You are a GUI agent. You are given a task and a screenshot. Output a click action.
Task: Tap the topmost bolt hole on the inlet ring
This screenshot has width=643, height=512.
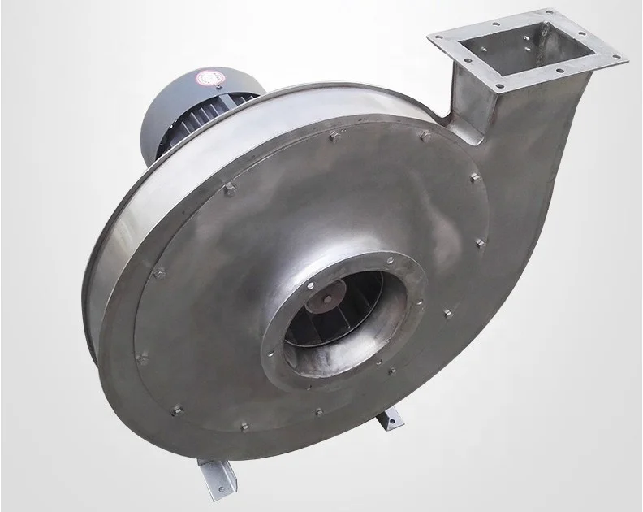point(391,262)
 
